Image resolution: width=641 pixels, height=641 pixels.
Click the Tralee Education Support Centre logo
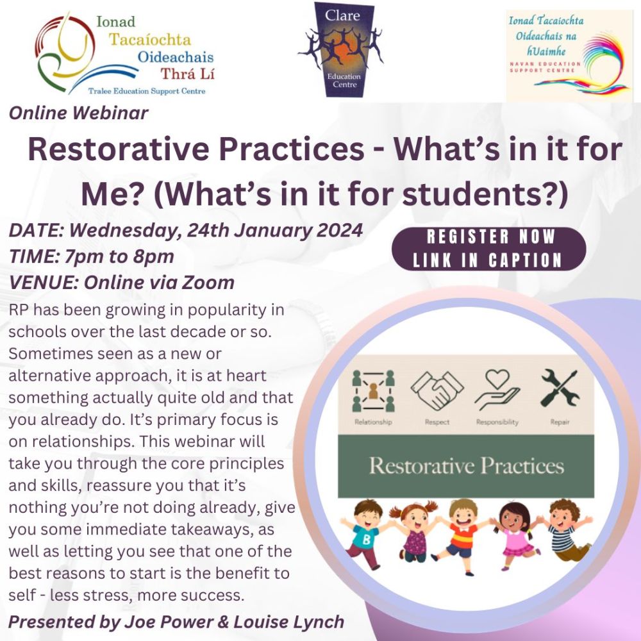coord(125,54)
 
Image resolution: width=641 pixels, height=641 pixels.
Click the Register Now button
coord(488,248)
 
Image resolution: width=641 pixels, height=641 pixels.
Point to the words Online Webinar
coord(78,113)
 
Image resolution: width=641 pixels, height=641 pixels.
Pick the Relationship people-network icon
coord(373,392)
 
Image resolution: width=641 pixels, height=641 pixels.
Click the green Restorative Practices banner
coord(467,465)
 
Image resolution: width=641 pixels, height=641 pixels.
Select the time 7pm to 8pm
coord(119,256)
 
